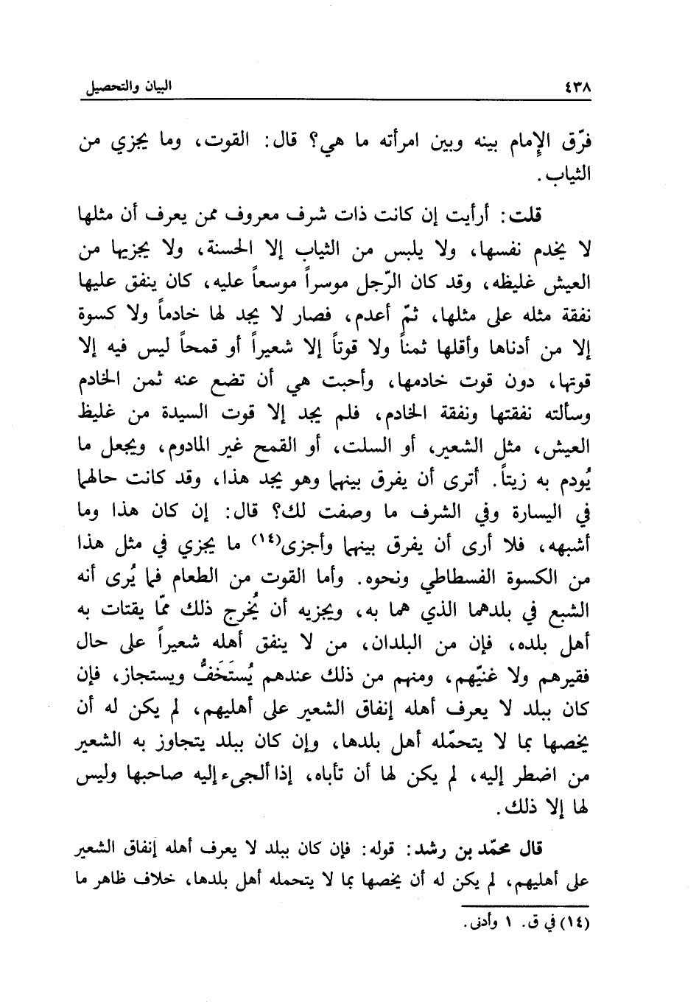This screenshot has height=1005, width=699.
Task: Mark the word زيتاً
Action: coord(509,479)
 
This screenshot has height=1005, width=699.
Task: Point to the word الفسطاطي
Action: coord(460,575)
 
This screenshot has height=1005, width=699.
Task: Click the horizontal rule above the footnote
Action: coord(524,906)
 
